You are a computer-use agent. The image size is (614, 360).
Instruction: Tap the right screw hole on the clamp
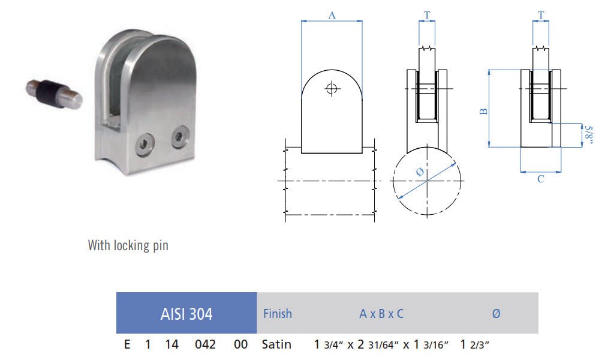[x=178, y=138]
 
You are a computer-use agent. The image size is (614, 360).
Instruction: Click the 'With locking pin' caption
[x=128, y=245]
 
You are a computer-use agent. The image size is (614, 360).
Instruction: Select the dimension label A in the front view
[x=332, y=16]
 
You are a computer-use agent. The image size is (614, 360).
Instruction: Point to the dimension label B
[x=484, y=110]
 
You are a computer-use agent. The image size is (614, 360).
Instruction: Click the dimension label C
[x=541, y=179]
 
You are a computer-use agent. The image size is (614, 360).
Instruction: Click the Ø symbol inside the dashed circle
[x=419, y=173]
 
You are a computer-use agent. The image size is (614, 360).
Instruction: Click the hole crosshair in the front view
[x=331, y=89]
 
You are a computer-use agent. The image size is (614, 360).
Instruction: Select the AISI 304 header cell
[x=186, y=313]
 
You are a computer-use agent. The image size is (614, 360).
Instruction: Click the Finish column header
[x=278, y=313]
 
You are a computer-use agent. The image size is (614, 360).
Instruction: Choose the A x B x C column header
[x=381, y=313]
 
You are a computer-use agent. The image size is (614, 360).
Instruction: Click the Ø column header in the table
[x=496, y=313]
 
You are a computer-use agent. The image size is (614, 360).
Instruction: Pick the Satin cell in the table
[x=277, y=344]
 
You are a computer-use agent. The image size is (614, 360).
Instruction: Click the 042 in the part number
[x=205, y=344]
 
